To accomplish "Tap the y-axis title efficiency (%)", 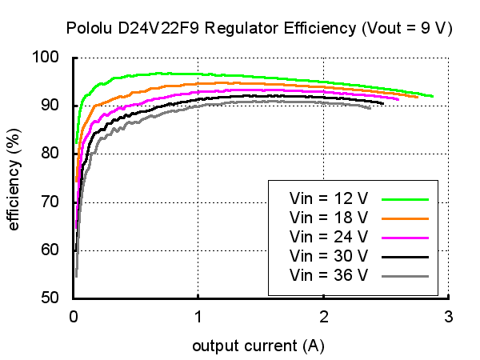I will coord(14,177).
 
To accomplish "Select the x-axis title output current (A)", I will coord(258,346).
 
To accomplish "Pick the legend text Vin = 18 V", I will coord(329,218).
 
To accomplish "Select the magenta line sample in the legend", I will coord(406,238).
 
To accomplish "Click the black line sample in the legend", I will coord(406,257).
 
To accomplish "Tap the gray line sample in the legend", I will coord(406,276).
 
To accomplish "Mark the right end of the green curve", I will coord(432,96).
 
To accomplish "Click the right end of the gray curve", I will coord(370,108).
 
